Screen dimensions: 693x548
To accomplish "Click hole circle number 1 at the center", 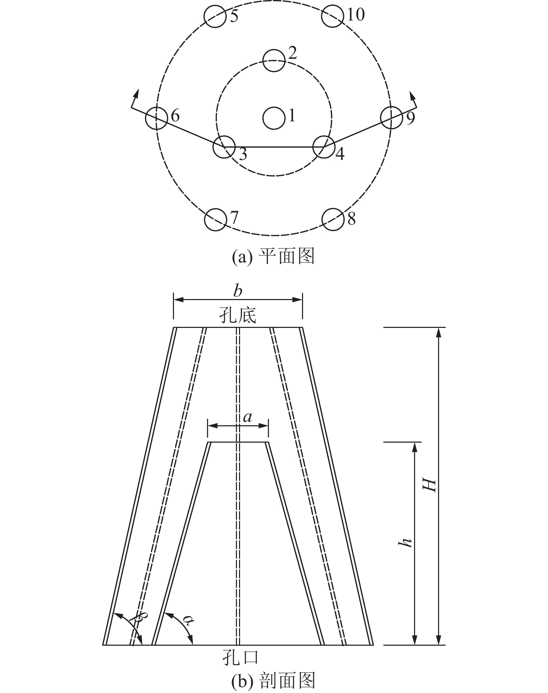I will [274, 118].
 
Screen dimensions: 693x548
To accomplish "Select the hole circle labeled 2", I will [274, 60].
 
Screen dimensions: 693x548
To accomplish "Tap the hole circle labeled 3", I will [224, 147].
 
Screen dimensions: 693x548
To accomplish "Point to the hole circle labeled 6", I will [156, 118].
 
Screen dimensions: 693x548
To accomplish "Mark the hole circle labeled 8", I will [333, 219].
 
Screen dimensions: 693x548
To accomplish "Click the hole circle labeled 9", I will [391, 118].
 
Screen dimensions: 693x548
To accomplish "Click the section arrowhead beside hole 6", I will [136, 94].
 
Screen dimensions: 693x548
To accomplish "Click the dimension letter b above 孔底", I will [238, 291].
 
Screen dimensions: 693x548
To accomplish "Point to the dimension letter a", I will [247, 417].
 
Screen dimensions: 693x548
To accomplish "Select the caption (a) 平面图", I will [273, 256].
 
